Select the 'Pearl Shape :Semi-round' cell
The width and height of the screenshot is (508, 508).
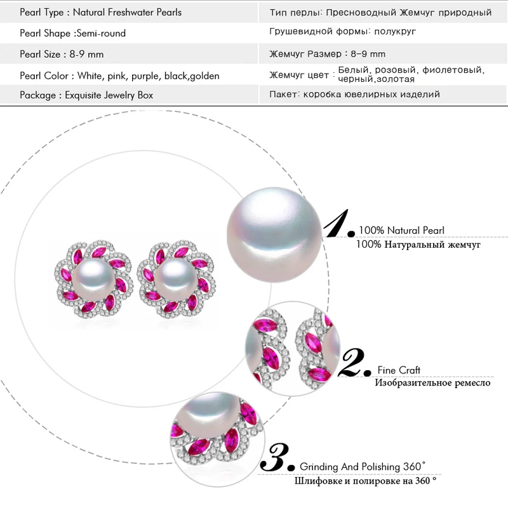pos(72,33)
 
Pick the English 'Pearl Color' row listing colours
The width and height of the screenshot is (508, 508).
pos(119,76)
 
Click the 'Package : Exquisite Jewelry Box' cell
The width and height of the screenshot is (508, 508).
pos(86,95)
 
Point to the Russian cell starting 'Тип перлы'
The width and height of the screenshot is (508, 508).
pos(380,12)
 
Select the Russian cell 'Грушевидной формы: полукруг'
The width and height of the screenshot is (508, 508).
pos(343,31)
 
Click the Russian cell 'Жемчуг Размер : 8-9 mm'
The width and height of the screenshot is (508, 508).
pos(327,54)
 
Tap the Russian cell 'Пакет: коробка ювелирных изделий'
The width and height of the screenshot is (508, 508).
pos(354,95)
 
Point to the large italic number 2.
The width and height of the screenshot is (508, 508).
pos(355,363)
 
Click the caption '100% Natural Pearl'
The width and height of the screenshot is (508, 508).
pos(401,231)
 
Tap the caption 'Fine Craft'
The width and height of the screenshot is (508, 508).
pos(398,370)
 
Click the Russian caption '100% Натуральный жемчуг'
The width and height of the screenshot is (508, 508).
pos(418,244)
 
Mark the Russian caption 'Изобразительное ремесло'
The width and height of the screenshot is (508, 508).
pos(432,383)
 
